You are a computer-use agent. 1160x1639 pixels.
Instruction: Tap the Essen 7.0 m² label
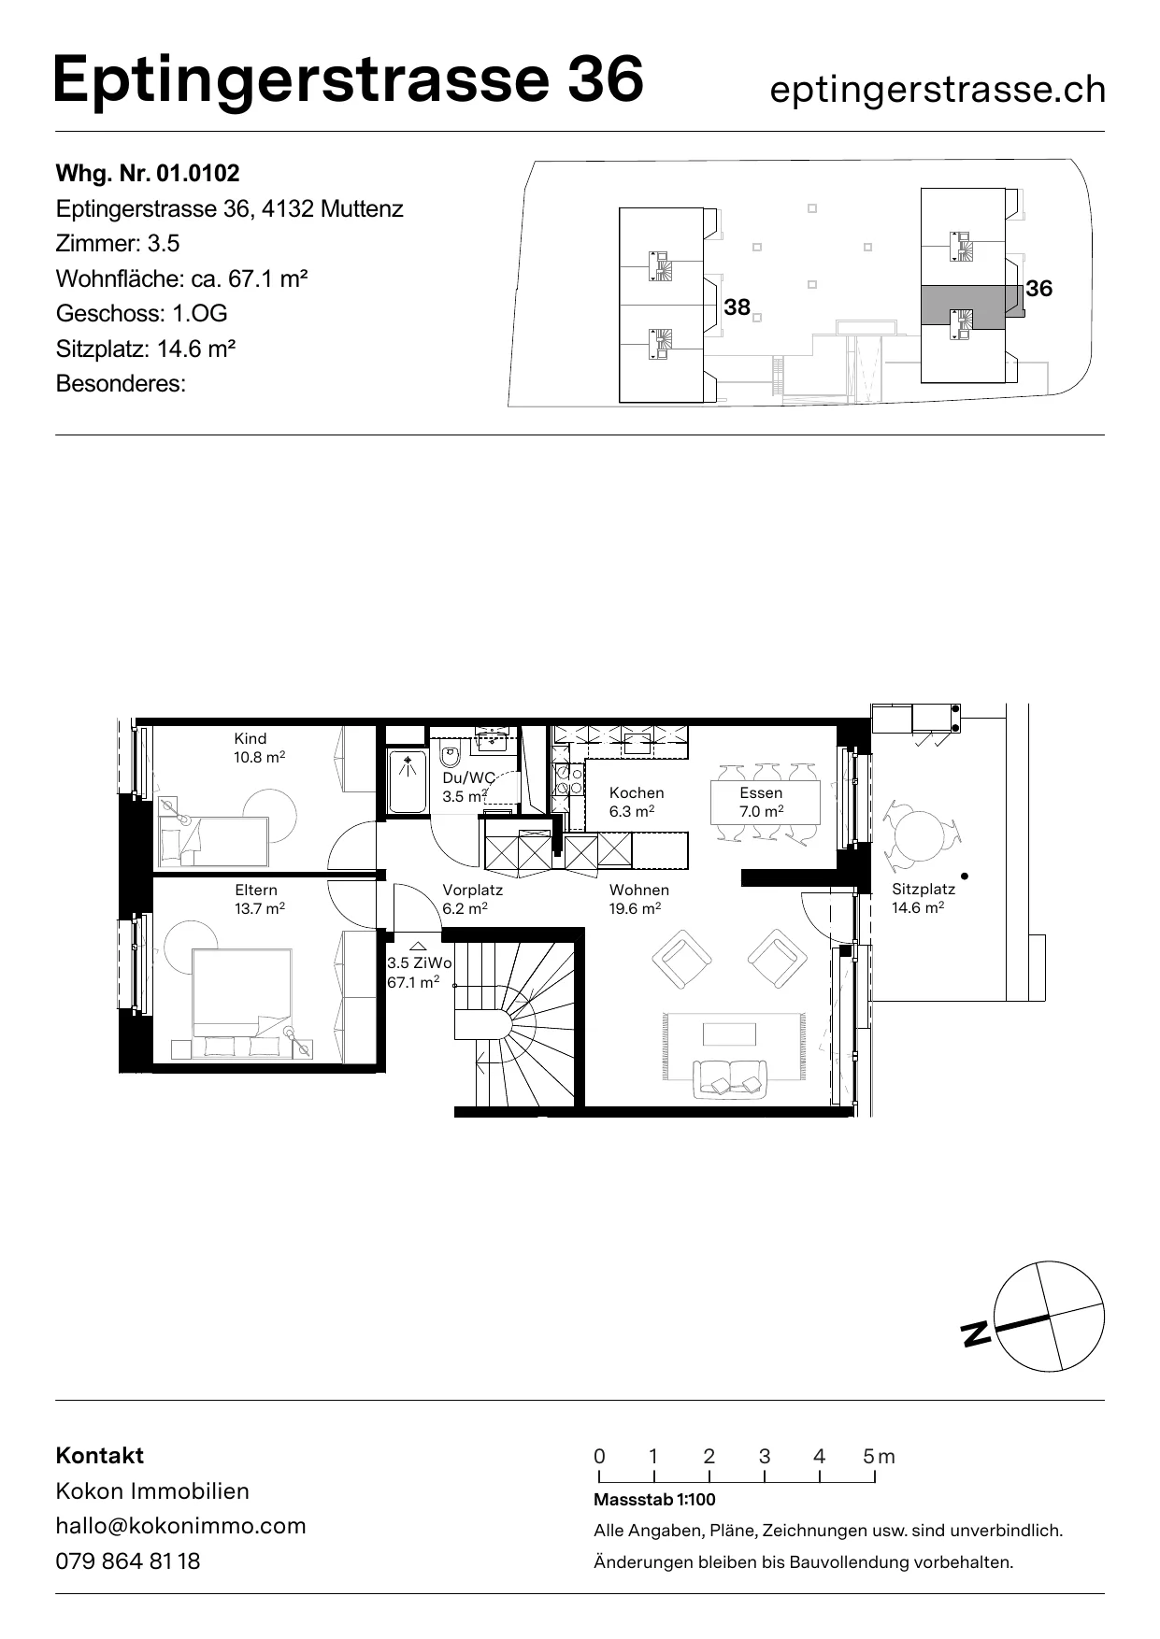pos(761,802)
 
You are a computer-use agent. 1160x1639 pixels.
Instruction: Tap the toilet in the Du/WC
pos(451,756)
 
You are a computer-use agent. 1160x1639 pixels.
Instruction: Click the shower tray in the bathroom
pos(407,781)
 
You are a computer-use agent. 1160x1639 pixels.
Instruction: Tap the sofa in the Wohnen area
pos(729,1077)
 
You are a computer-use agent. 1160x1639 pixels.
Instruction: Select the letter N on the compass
pos(977,1333)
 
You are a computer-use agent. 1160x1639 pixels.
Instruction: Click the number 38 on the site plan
pos(738,306)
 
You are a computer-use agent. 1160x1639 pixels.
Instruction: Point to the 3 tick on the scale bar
pos(765,1476)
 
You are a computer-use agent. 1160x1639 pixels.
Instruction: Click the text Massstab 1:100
pos(654,1500)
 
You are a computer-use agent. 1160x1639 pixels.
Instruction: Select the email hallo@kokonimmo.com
pos(181,1526)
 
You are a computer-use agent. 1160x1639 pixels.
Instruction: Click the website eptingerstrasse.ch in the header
pos(938,90)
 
